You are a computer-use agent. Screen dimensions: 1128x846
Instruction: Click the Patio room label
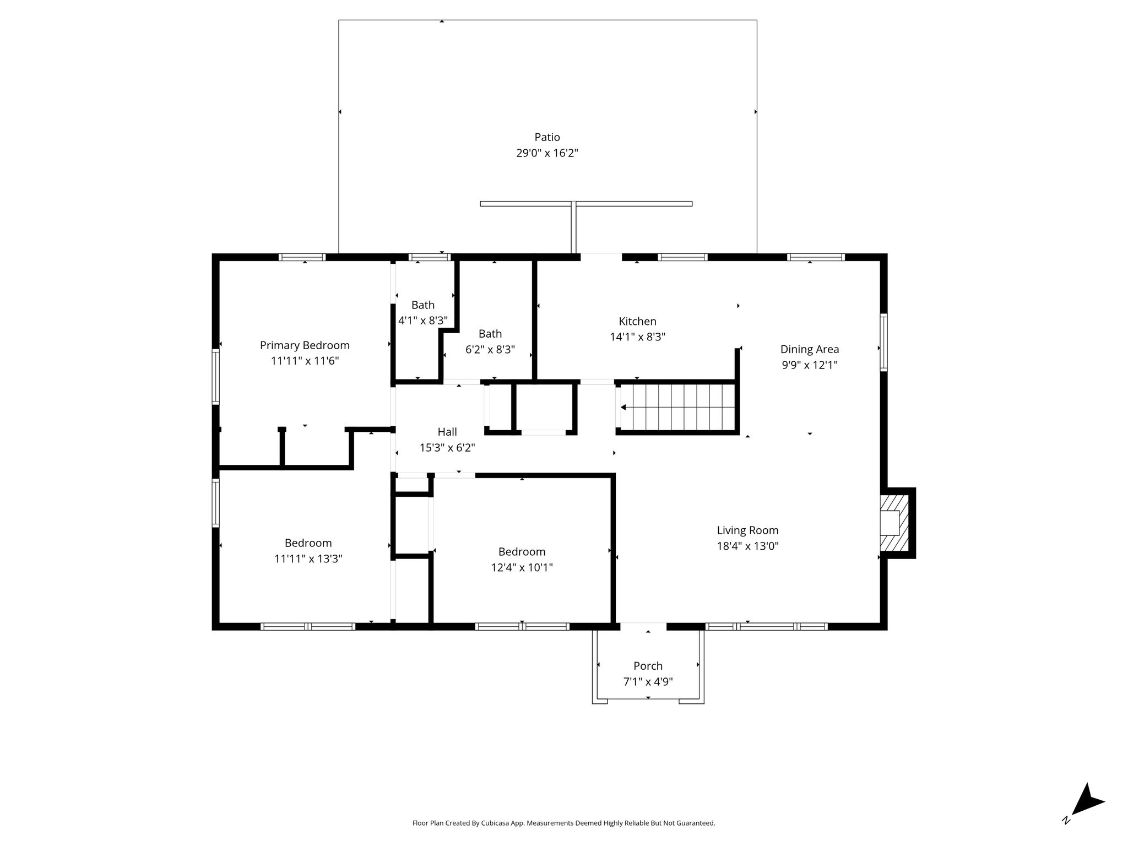[x=547, y=137]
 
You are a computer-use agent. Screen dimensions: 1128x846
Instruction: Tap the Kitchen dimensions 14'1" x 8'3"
[x=637, y=337]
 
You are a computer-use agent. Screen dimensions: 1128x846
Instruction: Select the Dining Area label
[x=810, y=349]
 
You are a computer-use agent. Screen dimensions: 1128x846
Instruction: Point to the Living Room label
[x=747, y=530]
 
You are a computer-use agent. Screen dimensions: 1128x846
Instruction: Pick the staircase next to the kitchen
[x=678, y=408]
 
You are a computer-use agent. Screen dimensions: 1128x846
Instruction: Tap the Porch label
[x=648, y=666]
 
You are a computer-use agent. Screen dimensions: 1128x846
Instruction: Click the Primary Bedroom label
[x=305, y=345]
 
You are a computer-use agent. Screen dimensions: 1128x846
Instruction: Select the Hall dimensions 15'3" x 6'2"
[x=447, y=448]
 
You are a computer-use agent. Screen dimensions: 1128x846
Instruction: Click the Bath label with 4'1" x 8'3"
[x=423, y=305]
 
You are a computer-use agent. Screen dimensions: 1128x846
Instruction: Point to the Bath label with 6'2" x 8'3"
[x=490, y=333]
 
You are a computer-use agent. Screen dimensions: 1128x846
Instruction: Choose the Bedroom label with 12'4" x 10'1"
[x=522, y=551]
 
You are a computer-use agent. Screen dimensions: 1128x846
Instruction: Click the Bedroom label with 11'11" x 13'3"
[x=308, y=543]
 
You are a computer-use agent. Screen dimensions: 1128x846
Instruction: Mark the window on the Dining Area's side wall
[x=883, y=342]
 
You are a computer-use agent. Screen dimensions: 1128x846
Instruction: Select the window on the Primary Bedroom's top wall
[x=302, y=257]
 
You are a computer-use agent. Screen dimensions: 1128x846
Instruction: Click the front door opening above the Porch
[x=643, y=626]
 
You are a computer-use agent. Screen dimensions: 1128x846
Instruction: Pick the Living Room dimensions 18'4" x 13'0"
[x=747, y=546]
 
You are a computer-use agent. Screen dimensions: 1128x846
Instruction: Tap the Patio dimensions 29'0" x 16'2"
[x=547, y=153]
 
